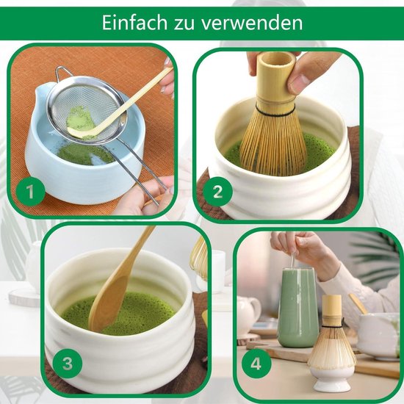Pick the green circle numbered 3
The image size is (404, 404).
67,363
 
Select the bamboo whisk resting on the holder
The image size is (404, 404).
331,334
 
